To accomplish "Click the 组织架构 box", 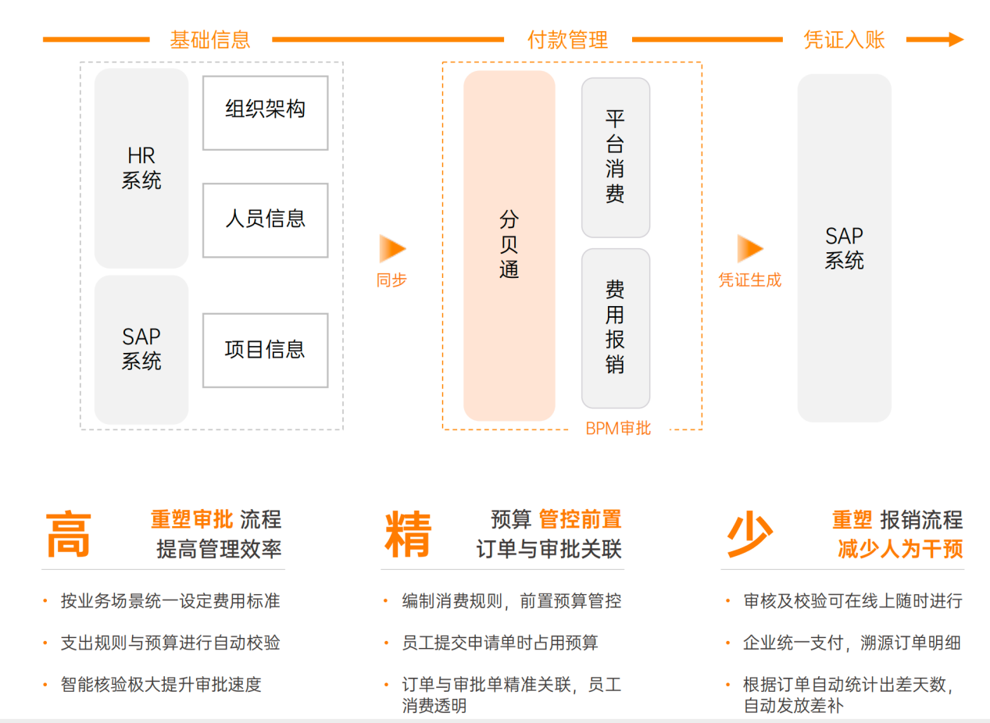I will tap(265, 112).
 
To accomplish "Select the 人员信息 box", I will tap(265, 219).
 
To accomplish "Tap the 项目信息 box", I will tap(265, 350).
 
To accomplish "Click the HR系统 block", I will tap(141, 169).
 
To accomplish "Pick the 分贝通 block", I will tap(509, 246).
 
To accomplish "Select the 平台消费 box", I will tap(616, 157).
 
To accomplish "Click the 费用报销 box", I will tap(616, 328).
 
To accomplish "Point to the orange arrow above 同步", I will tap(392, 248).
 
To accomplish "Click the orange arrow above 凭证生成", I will tap(749, 248).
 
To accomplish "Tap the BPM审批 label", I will tap(618, 428).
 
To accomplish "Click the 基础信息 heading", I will tap(210, 40).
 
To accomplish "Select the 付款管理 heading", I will tap(568, 40).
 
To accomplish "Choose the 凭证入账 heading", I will tap(844, 40).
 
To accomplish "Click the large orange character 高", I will tap(69, 535).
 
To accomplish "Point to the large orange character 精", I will tap(407, 535).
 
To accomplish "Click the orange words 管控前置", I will tap(580, 519).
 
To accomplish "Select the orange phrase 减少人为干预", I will tap(900, 549).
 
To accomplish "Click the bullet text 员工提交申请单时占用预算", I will tap(500, 643).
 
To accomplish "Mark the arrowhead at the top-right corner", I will tap(956, 40).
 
